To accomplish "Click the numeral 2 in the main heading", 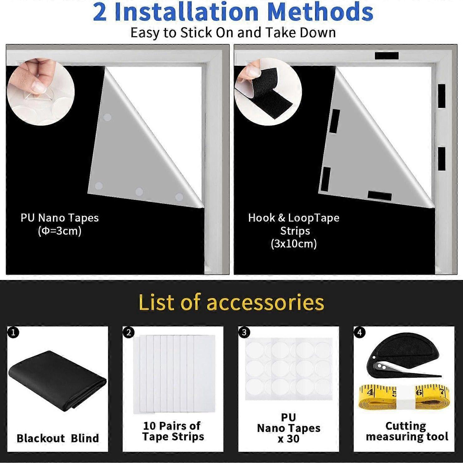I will (99, 12).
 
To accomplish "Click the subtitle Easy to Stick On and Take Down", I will (233, 33).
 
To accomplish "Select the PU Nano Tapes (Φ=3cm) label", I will (60, 224).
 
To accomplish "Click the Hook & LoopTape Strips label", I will (294, 224).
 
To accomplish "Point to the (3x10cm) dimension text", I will (294, 244).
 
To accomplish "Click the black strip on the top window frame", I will (387, 56).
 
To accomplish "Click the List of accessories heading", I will (231, 302).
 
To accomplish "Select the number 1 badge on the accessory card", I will (13, 332).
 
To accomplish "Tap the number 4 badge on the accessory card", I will (359, 332).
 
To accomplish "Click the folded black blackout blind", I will (58, 380).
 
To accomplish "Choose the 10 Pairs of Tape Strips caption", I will (173, 431).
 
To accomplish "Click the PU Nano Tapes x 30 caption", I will (288, 428).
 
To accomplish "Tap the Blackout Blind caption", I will (58, 438).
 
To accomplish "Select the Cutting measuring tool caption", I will (407, 431).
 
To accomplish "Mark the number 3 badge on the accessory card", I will (244, 332).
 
